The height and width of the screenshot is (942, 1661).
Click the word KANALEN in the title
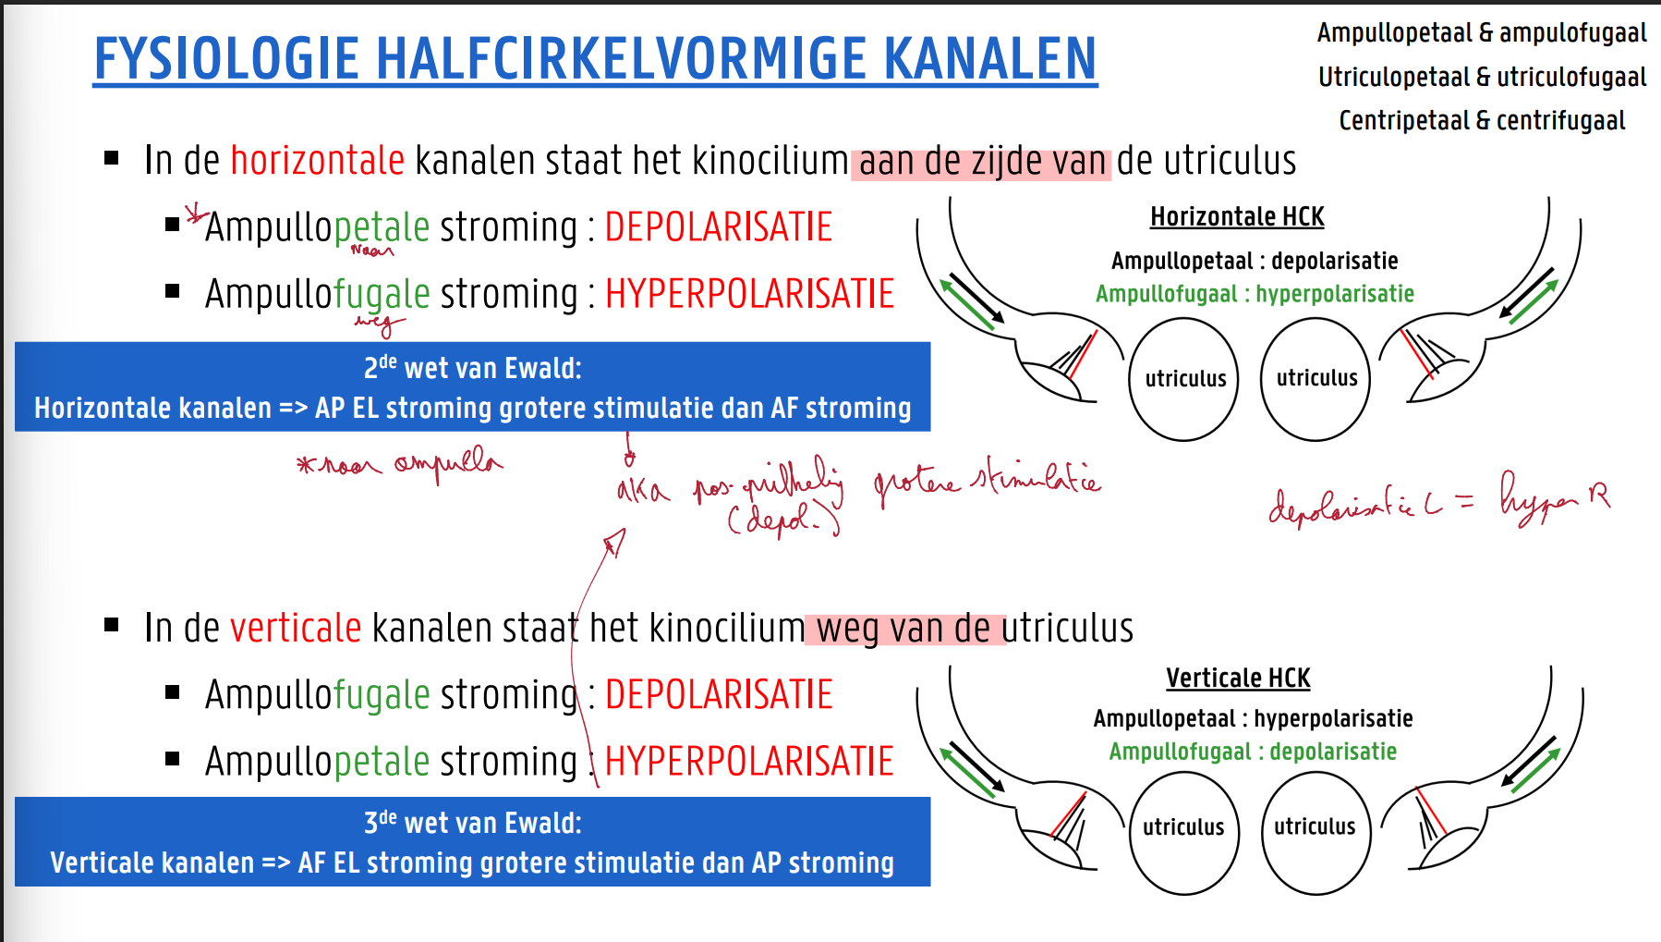coord(989,59)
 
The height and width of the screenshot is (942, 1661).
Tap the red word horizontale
coord(317,161)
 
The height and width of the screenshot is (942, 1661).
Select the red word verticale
coord(295,629)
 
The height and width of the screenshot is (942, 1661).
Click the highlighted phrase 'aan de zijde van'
coord(980,163)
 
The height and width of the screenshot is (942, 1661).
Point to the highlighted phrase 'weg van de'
coord(903,630)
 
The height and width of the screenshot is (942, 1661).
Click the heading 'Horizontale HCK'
coord(1236,216)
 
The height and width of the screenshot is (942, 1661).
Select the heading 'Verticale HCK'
coord(1237,678)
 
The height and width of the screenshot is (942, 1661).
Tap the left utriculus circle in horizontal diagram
coord(1184,379)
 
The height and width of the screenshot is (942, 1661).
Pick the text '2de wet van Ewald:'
coord(472,368)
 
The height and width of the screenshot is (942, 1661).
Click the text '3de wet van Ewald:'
coord(472,823)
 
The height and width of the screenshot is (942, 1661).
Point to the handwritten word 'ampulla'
coord(448,464)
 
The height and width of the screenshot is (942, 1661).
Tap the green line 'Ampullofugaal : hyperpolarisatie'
coord(1254,294)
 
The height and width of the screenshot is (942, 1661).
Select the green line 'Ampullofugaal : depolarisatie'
coord(1252,752)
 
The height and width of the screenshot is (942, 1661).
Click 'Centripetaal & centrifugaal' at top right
coord(1481,120)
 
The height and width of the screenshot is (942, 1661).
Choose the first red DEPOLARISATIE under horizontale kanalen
coord(718,227)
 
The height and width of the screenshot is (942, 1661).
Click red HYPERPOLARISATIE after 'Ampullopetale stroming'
coord(748,762)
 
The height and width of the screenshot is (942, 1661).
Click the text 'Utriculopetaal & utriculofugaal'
coord(1481,77)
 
